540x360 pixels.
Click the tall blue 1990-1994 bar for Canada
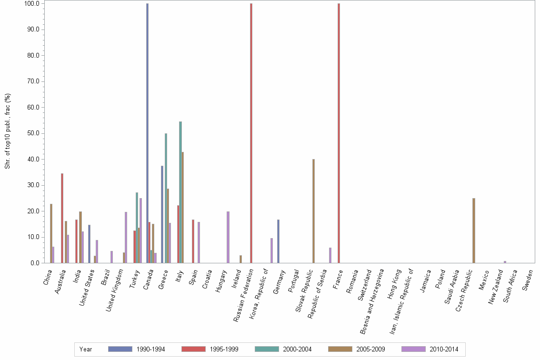147,133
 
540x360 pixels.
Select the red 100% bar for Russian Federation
251,133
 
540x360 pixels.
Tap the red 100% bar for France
339,133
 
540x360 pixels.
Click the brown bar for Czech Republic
473,230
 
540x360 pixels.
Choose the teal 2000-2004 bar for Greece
166,198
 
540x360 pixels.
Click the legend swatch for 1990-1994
120,349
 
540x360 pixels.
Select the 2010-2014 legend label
444,349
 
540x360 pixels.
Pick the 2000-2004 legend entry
298,349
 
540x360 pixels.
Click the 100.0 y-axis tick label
32,3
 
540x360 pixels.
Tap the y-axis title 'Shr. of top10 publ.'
8,131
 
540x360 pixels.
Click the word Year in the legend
86,349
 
